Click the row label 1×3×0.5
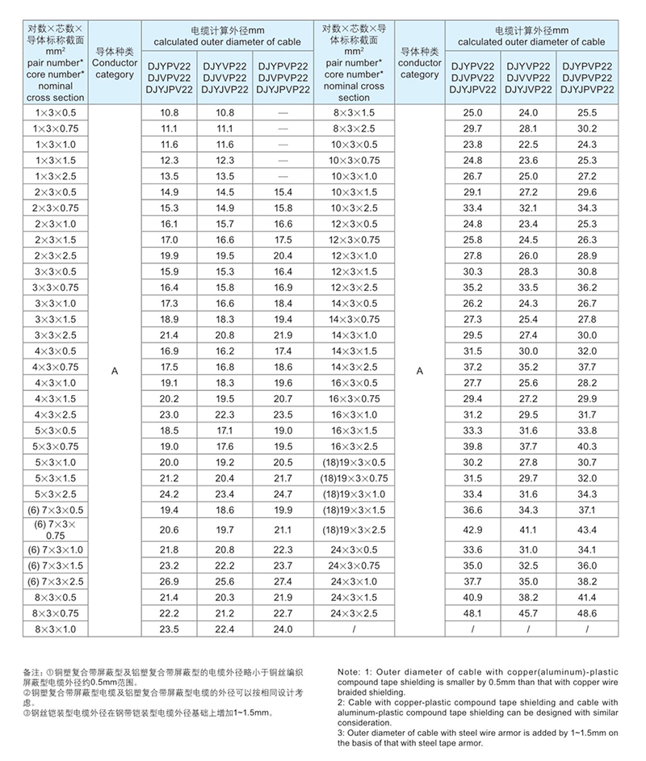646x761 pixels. click(x=55, y=113)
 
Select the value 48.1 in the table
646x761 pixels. click(x=472, y=613)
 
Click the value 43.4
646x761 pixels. click(x=587, y=529)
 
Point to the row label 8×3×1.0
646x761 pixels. click(x=55, y=629)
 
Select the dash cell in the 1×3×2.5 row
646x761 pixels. click(x=283, y=175)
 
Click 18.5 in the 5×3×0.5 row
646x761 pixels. click(x=170, y=431)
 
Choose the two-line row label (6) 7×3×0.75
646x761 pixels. click(x=55, y=529)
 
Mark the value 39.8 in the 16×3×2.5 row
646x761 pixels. click(x=472, y=447)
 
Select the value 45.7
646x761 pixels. click(x=528, y=613)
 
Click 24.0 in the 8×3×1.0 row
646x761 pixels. click(x=283, y=629)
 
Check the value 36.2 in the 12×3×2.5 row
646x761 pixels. click(x=587, y=288)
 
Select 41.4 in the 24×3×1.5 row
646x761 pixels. click(x=587, y=598)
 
